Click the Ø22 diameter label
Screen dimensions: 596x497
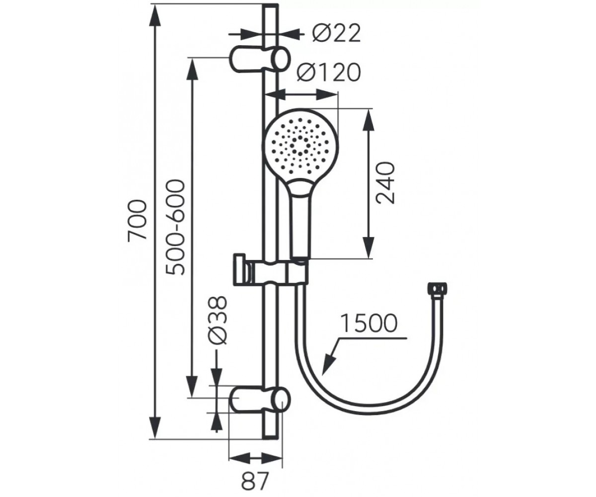(x=336, y=34)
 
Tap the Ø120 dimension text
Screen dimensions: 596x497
(x=328, y=72)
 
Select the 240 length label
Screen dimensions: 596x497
(x=385, y=183)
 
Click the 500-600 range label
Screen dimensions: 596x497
(x=175, y=227)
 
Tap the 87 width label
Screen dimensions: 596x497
(x=255, y=481)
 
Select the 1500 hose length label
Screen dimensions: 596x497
(x=369, y=323)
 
